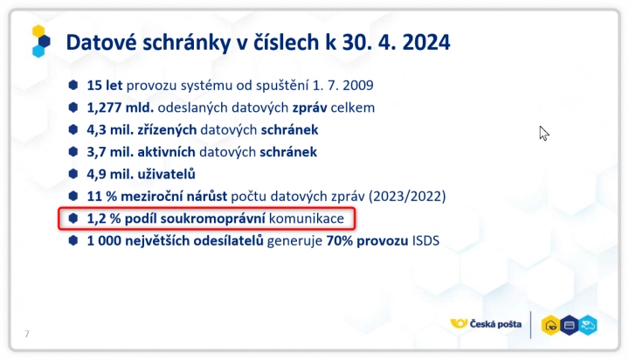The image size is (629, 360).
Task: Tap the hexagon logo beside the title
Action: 41,41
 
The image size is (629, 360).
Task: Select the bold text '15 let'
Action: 105,85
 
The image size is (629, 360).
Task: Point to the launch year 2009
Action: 358,85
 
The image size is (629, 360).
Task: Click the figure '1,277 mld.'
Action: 121,107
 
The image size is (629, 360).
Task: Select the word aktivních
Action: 167,152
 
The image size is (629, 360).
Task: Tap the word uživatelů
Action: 167,174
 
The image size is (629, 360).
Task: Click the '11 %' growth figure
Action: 102,197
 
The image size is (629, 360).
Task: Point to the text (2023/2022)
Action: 407,197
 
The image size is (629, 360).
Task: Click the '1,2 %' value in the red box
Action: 104,218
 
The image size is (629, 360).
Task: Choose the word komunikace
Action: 307,218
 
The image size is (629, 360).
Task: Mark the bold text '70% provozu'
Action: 368,241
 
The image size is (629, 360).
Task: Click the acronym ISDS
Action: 425,241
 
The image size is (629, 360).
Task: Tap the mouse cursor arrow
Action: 544,133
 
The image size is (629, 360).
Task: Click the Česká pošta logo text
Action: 495,324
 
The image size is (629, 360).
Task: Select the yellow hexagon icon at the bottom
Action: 550,325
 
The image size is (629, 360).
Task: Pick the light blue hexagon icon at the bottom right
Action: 588,325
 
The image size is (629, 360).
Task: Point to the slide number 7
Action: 27,334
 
